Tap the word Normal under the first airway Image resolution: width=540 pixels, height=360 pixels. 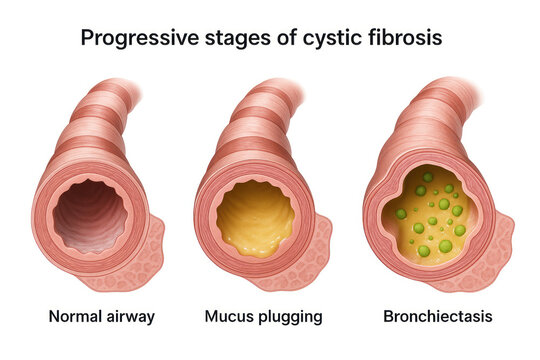pyautogui.click(x=75, y=317)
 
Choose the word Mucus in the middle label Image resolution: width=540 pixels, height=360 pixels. pyautogui.click(x=229, y=317)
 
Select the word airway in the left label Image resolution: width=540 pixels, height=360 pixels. pyautogui.click(x=130, y=317)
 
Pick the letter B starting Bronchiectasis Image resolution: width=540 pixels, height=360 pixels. pyautogui.click(x=389, y=317)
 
